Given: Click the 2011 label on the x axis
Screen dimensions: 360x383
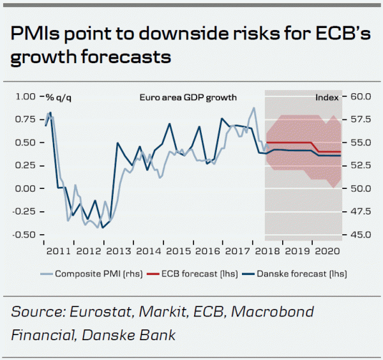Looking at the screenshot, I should coord(58,251).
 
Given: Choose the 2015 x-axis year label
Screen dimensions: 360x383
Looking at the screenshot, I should coord(180,251).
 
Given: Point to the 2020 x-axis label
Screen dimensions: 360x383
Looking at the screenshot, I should coord(327,251).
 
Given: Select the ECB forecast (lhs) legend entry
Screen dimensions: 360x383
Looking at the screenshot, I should coord(201,274).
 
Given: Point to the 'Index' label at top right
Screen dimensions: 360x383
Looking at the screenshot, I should coord(327,98).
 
